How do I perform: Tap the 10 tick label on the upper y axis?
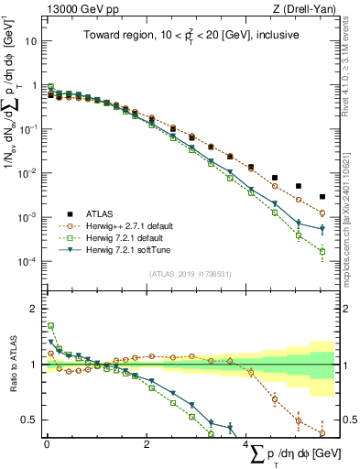pos(30,41)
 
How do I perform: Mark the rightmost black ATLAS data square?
pos(322,197)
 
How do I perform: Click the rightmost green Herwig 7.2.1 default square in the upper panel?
pos(322,251)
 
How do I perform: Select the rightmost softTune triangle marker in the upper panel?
pos(322,229)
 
